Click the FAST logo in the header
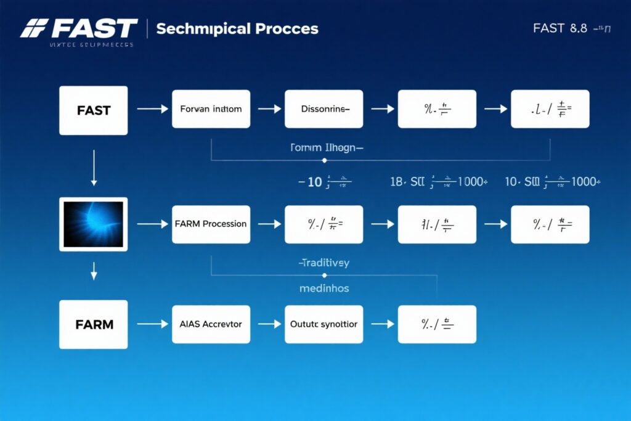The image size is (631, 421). pyautogui.click(x=79, y=28)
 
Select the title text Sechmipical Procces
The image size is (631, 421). pyautogui.click(x=237, y=29)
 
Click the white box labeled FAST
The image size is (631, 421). pyautogui.click(x=94, y=110)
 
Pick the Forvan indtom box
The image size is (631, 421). pyautogui.click(x=211, y=109)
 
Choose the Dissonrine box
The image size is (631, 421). pyautogui.click(x=324, y=109)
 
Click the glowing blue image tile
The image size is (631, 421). pyautogui.click(x=94, y=224)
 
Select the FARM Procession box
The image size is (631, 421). pyautogui.click(x=211, y=224)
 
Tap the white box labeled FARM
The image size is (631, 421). pyautogui.click(x=94, y=324)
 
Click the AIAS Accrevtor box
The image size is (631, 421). pyautogui.click(x=211, y=324)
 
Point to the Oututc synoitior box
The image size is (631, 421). pyautogui.click(x=324, y=324)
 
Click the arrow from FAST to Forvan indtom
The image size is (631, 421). pyautogui.click(x=152, y=109)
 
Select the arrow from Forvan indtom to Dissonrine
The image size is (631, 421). pyautogui.click(x=269, y=109)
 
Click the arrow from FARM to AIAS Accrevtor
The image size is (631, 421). pyautogui.click(x=152, y=324)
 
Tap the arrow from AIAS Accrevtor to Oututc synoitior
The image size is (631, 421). pyautogui.click(x=269, y=324)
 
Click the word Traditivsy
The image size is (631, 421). pyautogui.click(x=324, y=263)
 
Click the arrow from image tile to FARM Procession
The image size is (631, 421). pyautogui.click(x=152, y=224)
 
